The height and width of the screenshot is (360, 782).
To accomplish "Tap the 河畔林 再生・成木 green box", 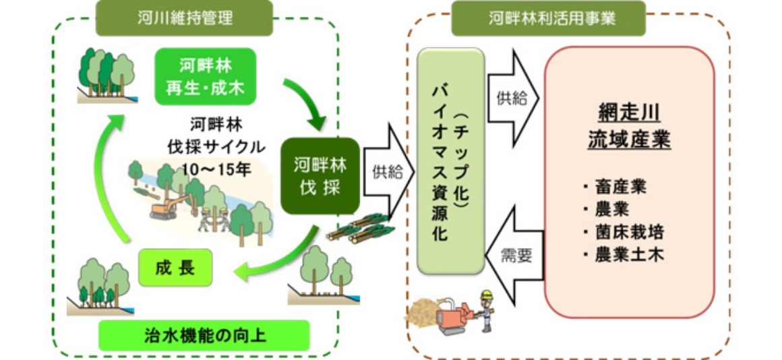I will click(206, 76).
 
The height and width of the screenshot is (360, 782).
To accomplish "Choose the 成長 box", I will click(177, 268).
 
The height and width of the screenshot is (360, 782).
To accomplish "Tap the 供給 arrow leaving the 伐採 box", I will click(388, 171).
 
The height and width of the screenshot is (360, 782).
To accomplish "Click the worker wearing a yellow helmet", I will click(487, 309).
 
